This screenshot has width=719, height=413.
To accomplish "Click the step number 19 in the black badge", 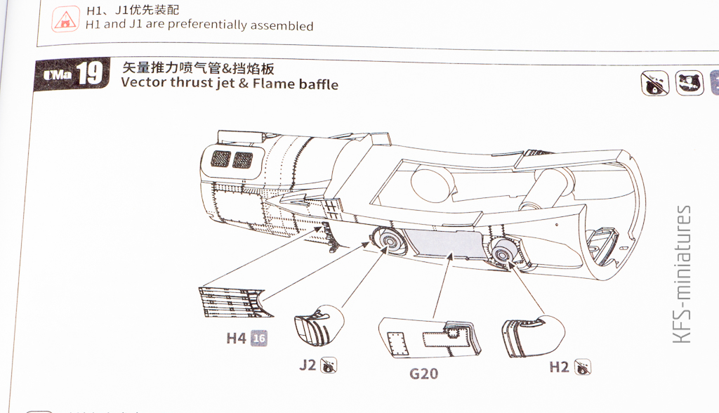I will tap(89, 74).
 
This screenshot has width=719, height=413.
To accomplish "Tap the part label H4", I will tap(236, 339).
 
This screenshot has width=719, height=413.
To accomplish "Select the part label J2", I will tap(308, 365).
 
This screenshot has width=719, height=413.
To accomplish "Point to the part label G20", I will tap(423, 373).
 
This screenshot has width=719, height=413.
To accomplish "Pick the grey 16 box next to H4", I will tap(259, 339).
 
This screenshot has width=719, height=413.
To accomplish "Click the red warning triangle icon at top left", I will tap(66, 18).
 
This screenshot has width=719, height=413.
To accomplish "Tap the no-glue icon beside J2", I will tap(328, 365).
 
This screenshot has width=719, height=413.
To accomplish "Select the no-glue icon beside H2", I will tap(582, 366).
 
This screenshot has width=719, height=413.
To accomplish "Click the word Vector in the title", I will tap(144, 84).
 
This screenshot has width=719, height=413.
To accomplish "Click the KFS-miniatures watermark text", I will tap(682, 274).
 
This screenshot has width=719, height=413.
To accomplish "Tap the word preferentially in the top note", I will tap(188, 25).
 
